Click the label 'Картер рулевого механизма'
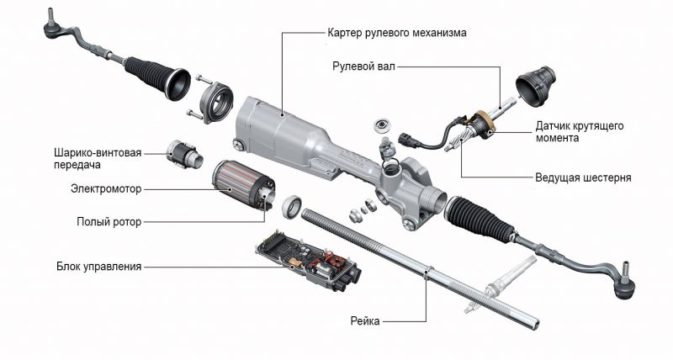pos(396,33)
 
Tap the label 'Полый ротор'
pos(109,222)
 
